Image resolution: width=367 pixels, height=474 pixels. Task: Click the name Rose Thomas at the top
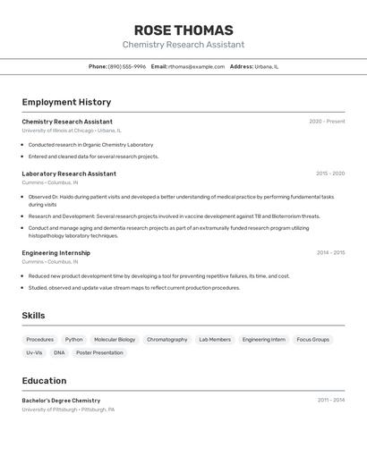click(x=183, y=30)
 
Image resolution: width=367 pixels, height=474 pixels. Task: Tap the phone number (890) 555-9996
click(x=127, y=66)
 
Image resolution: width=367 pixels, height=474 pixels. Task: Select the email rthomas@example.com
click(x=196, y=66)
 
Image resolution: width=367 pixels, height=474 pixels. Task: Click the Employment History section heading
click(x=66, y=102)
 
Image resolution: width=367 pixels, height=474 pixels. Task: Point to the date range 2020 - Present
click(x=327, y=121)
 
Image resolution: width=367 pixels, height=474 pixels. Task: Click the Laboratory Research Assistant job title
click(x=69, y=174)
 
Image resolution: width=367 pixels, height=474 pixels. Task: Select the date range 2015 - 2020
click(x=330, y=174)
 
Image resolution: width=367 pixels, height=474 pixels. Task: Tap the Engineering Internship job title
click(x=55, y=252)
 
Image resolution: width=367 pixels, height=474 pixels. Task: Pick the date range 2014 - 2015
click(x=330, y=252)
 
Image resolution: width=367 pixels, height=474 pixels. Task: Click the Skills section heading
click(x=33, y=315)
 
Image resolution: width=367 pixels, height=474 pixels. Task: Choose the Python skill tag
click(x=73, y=340)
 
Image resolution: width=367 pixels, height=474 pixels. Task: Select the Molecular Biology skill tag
click(x=115, y=340)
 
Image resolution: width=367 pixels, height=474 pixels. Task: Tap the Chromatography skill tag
click(x=167, y=340)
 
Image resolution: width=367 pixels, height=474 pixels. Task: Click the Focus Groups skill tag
click(x=313, y=340)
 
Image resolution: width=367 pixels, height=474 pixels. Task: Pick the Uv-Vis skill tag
click(x=34, y=352)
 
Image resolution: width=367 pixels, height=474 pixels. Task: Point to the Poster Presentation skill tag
click(x=99, y=352)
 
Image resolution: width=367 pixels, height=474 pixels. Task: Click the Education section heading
click(x=44, y=380)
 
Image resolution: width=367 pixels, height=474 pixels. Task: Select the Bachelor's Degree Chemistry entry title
click(x=61, y=400)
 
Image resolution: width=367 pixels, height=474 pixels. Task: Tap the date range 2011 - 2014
click(x=330, y=400)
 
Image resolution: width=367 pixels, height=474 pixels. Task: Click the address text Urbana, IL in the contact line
click(x=267, y=66)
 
